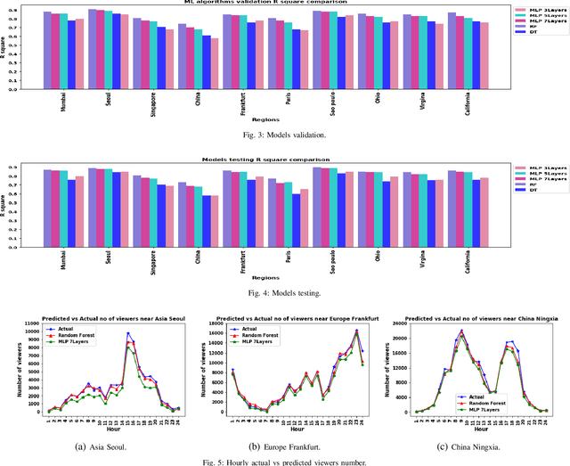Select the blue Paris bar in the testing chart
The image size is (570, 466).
296,218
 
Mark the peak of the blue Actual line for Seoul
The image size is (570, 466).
127,334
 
